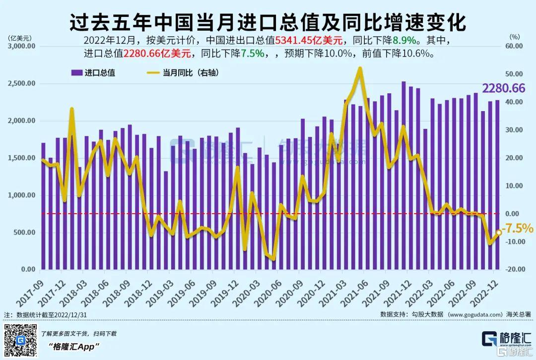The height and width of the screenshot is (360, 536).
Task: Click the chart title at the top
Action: pyautogui.click(x=268, y=22)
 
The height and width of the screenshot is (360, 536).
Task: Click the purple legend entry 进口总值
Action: pyautogui.click(x=93, y=73)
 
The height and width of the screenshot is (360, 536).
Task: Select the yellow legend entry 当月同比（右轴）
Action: pyautogui.click(x=184, y=73)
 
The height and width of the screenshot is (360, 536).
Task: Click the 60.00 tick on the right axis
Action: pyautogui.click(x=515, y=46)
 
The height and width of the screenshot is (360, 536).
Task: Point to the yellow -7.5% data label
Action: pyautogui.click(x=517, y=230)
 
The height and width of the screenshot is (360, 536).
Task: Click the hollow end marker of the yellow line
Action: pyautogui.click(x=498, y=233)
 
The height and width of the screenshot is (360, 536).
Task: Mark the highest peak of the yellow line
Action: pyautogui.click(x=360, y=68)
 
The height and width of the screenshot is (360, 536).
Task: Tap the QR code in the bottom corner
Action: pyautogui.click(x=20, y=341)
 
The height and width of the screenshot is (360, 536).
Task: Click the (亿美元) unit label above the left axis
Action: pyautogui.click(x=20, y=37)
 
